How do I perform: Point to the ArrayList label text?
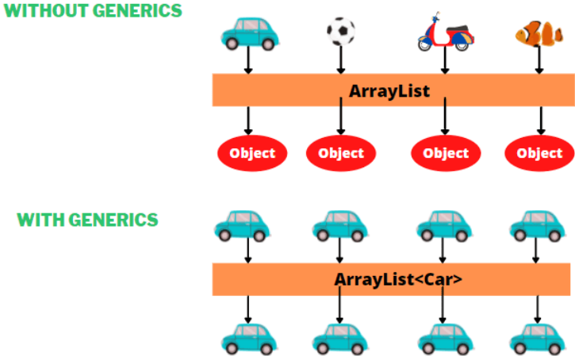[x=389, y=90]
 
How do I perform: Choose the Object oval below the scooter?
[x=446, y=153]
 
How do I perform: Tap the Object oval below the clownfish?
[x=539, y=153]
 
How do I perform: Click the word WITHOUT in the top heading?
[x=44, y=11]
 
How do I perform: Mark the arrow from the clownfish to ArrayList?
[x=540, y=59]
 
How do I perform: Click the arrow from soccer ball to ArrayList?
[x=341, y=60]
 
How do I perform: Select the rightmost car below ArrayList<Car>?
[x=537, y=339]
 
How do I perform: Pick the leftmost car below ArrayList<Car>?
[x=247, y=339]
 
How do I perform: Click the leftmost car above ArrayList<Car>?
[x=243, y=224]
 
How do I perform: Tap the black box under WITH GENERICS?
[x=95, y=293]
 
